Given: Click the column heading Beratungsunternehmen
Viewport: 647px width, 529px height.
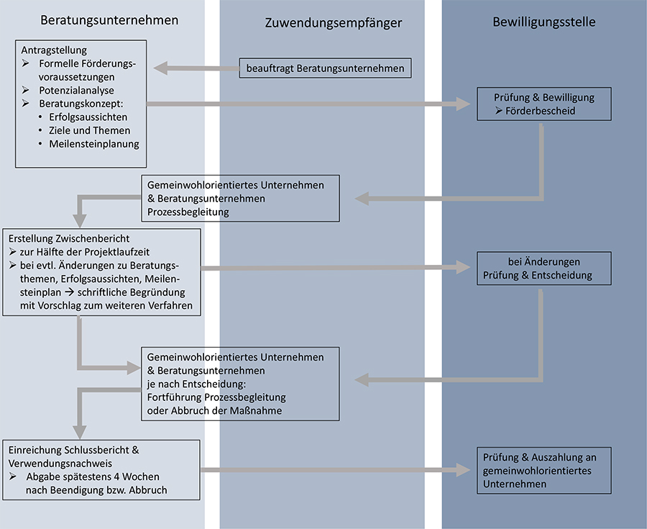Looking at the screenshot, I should [109, 21].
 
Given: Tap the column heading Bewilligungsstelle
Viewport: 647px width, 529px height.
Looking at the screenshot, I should [543, 22].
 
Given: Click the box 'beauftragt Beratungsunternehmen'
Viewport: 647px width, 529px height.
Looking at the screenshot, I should [325, 68].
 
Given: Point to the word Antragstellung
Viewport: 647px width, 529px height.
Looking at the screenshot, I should [54, 50].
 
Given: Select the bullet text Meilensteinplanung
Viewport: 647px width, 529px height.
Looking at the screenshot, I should [93, 143].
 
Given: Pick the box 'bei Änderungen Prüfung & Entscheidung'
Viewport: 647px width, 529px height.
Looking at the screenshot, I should [543, 268].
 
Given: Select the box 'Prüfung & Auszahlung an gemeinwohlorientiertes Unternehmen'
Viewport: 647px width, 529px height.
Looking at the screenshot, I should [543, 470].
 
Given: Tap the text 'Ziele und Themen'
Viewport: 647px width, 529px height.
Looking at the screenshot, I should [90, 130].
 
